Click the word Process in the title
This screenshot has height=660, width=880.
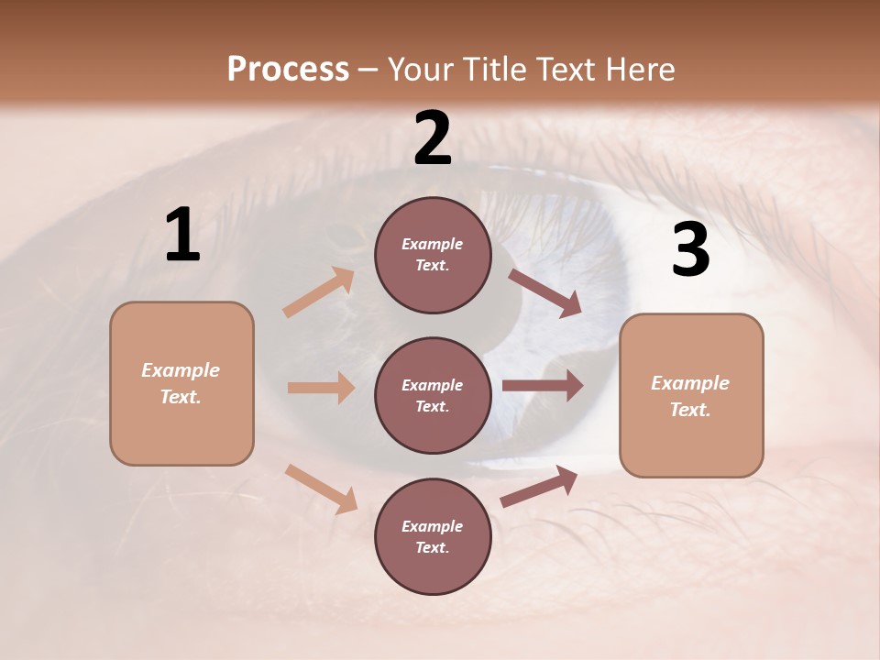[x=288, y=70]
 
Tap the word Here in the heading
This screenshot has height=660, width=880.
[x=636, y=70]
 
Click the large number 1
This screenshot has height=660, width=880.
[x=182, y=236]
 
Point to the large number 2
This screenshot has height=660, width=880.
[x=433, y=138]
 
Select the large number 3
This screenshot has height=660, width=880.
[x=690, y=251]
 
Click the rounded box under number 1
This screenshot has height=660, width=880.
[x=181, y=383]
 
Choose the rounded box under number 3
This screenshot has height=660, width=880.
[x=691, y=396]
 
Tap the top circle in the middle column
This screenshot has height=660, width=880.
[x=433, y=255]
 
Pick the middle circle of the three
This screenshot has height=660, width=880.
[x=433, y=396]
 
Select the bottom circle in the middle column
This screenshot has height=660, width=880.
[x=433, y=537]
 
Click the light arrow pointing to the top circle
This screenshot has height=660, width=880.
[x=319, y=292]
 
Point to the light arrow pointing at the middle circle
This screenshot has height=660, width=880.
[x=321, y=388]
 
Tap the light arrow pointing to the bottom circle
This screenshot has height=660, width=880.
[x=321, y=489]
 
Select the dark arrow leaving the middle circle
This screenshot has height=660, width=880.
[x=543, y=386]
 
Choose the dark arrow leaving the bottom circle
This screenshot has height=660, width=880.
[x=539, y=486]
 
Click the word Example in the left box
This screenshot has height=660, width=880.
[x=181, y=370]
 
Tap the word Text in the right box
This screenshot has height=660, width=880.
[x=689, y=410]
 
